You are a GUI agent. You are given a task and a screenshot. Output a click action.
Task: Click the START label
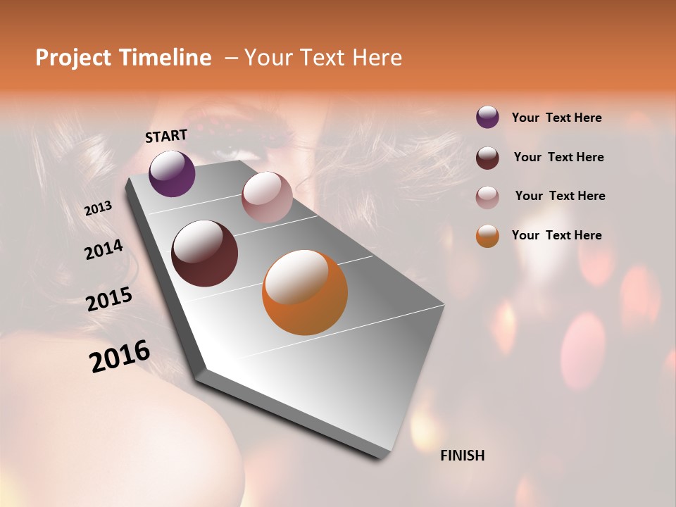pos(166,136)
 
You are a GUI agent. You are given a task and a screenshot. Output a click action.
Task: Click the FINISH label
pos(462,456)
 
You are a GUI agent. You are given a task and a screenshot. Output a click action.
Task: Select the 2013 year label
pos(98,208)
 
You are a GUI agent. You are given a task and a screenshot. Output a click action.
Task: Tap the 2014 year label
pos(104,250)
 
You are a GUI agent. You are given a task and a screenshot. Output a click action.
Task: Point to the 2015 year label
pos(109,299)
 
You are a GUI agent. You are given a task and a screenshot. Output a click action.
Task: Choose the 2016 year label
pos(120,356)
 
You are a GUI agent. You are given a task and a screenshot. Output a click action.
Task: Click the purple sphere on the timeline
pos(172,173)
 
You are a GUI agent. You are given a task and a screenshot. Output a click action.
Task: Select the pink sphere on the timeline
pos(267,197)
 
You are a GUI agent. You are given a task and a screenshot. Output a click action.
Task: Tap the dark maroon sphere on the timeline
pos(204,254)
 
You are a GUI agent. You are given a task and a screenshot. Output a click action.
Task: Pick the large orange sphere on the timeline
pos(305,292)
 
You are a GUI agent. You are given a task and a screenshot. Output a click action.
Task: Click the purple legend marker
pos(487,118)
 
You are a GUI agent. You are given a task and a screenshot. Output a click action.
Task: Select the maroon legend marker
pos(487,157)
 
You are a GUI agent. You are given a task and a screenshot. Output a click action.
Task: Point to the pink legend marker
pos(487,196)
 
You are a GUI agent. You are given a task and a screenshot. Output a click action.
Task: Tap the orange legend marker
pos(487,236)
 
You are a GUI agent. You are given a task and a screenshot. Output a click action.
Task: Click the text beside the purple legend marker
pos(556,118)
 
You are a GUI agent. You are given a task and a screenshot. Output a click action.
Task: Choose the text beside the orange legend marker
pos(556,235)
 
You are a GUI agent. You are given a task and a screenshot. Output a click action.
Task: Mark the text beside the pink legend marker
pos(560,196)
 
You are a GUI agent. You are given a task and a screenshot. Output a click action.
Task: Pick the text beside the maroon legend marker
pos(558,157)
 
